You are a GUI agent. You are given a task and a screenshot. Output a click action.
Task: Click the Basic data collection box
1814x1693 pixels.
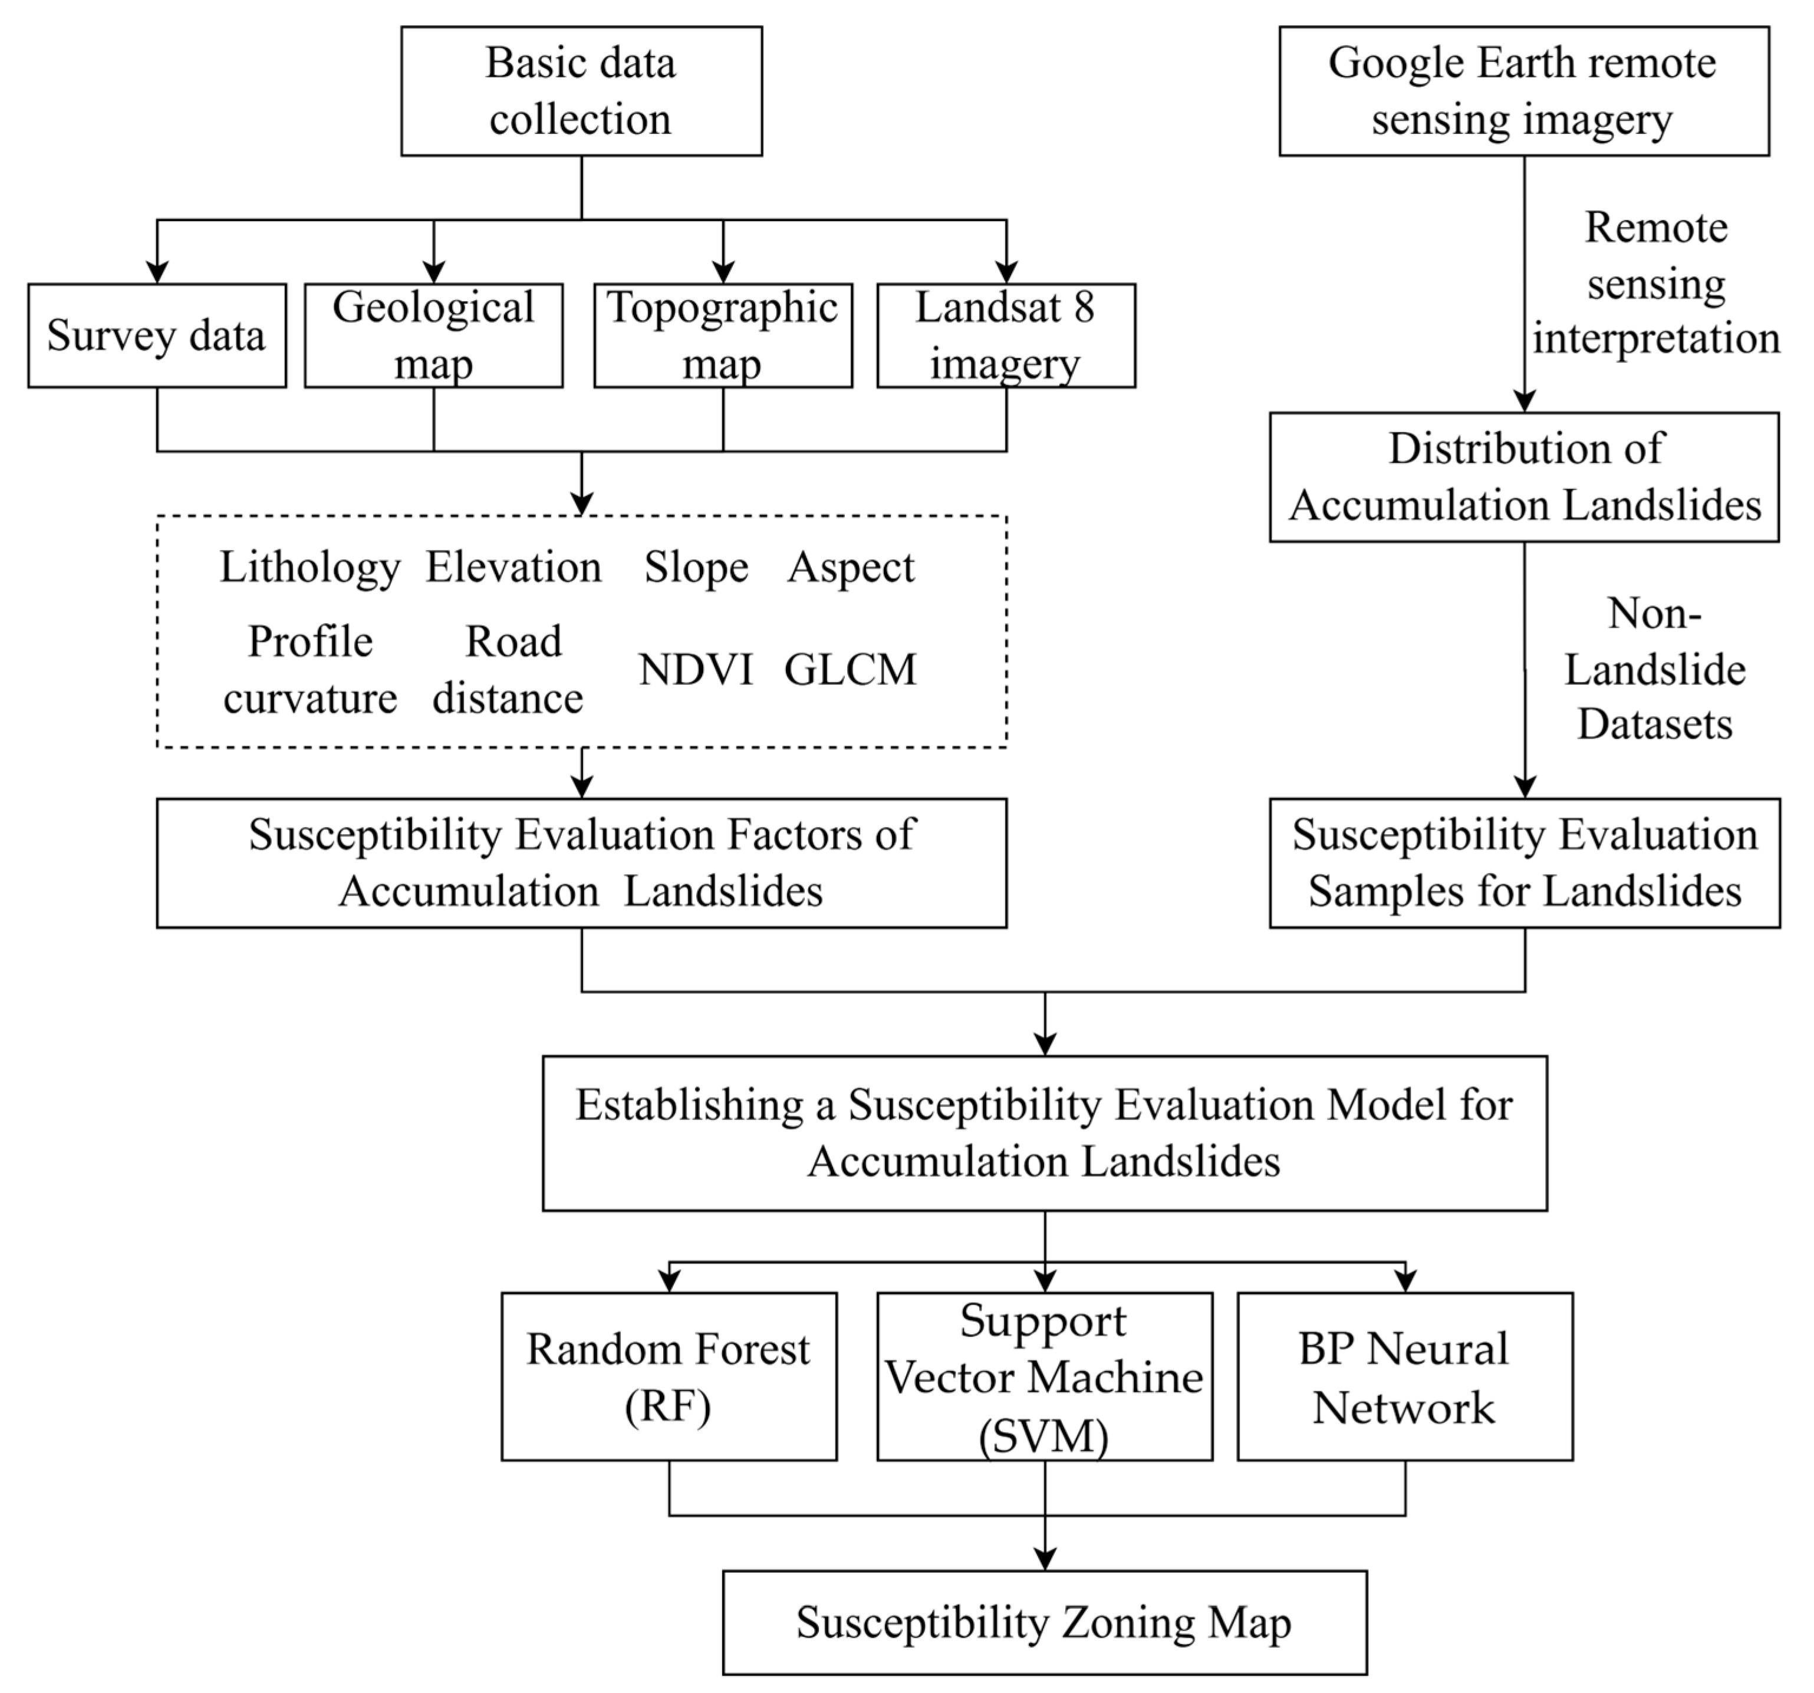[x=581, y=91]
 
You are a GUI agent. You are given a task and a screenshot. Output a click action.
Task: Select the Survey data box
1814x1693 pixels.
[x=157, y=335]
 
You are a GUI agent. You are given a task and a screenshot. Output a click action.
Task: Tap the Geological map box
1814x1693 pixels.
[x=433, y=335]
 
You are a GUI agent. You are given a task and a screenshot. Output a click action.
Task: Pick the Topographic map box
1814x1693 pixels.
[x=723, y=335]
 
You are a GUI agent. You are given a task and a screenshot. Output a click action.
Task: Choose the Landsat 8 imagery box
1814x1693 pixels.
[x=1006, y=335]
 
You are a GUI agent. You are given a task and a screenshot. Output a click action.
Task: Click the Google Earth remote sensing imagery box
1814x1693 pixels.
[x=1523, y=91]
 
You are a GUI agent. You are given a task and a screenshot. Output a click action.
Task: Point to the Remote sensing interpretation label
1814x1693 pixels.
[x=1655, y=283]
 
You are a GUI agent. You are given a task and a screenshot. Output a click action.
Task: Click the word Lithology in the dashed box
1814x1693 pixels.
[x=310, y=567]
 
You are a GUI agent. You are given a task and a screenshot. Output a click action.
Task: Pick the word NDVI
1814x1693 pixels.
[x=695, y=670]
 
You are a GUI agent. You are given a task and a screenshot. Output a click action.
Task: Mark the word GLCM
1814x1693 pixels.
[x=850, y=670]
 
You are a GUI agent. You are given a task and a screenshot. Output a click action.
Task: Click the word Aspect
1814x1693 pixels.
[x=851, y=567]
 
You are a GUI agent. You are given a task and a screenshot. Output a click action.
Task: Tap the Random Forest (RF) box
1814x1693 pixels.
[x=669, y=1376]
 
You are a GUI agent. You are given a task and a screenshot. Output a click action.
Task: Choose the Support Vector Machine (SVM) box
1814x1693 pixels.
[x=1044, y=1376]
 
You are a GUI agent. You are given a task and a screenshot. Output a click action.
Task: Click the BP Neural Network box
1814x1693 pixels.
[x=1404, y=1376]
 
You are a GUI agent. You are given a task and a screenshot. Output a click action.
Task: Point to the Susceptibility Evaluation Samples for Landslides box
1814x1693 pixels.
[x=1524, y=863]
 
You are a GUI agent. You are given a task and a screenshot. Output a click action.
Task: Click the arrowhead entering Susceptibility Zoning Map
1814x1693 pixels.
[x=1045, y=1559]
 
